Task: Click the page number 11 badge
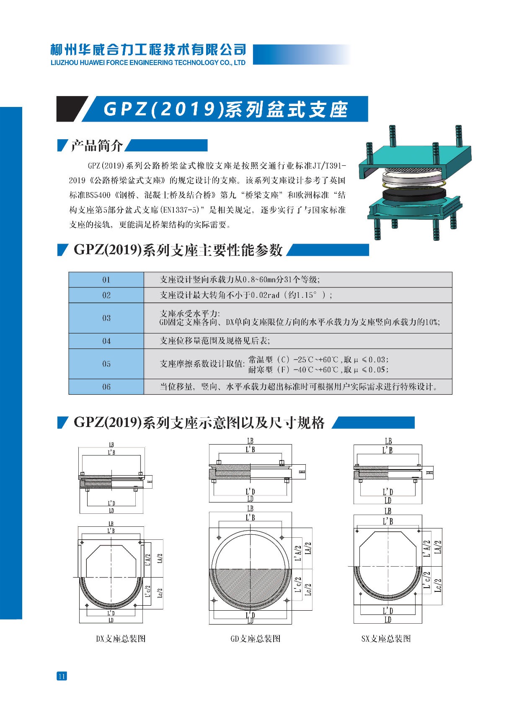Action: tap(62, 676)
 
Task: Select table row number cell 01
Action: tap(106, 280)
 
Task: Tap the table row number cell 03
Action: tap(106, 318)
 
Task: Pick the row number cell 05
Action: tap(106, 364)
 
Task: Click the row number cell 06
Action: tap(106, 387)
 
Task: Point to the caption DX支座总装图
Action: tap(121, 639)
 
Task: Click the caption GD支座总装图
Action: tap(256, 639)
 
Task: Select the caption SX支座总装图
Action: tap(386, 639)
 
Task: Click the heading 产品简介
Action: tap(97, 145)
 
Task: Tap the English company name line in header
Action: tap(148, 62)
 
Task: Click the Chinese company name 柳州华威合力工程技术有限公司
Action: tap(148, 50)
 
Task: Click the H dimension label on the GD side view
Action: tap(302, 472)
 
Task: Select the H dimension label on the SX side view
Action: tap(429, 473)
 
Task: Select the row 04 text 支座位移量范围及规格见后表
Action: tap(215, 341)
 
